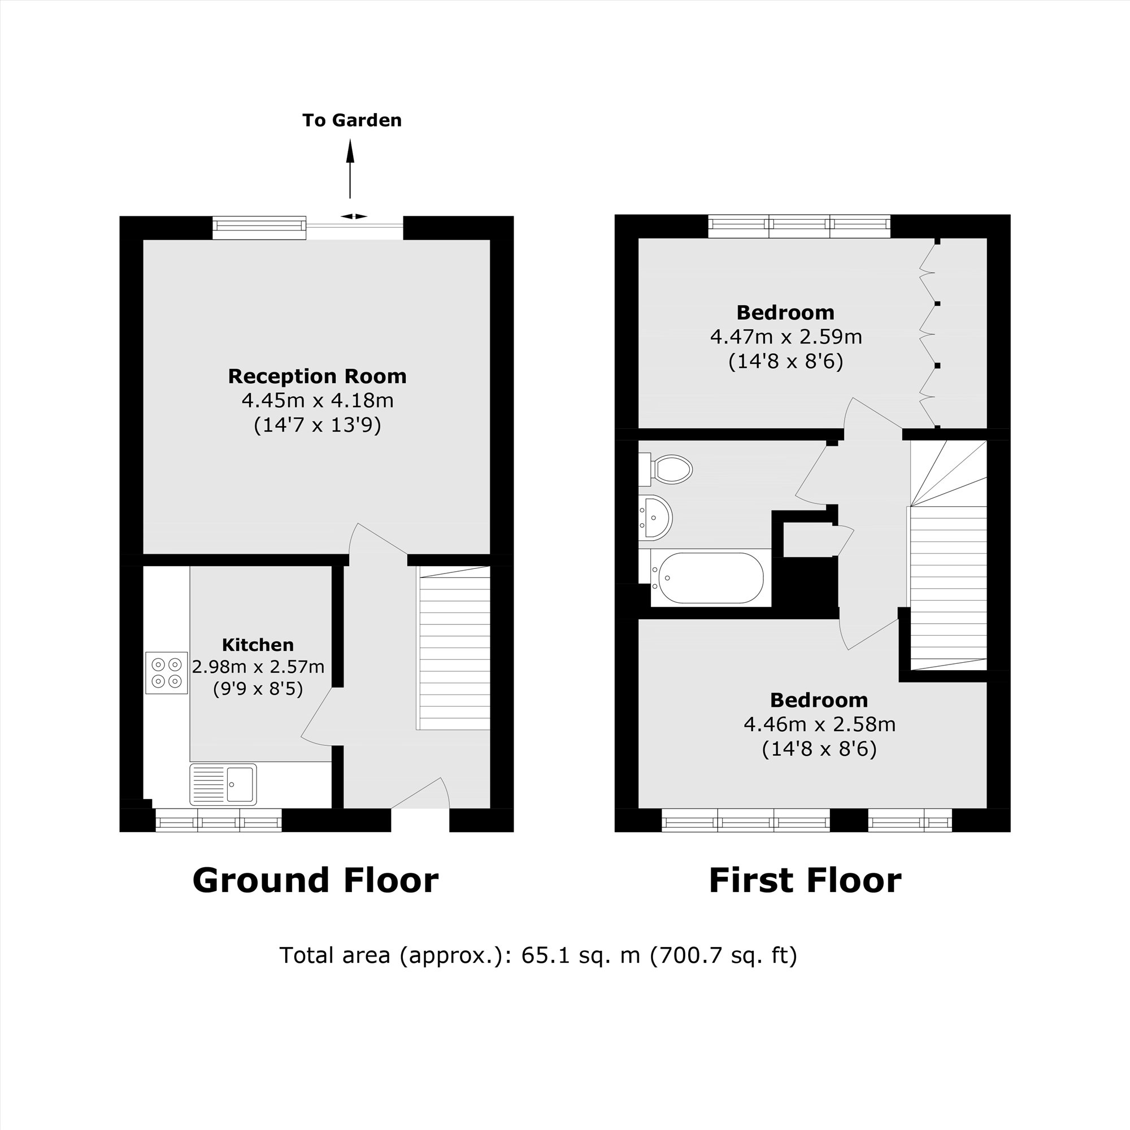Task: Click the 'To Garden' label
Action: (x=351, y=120)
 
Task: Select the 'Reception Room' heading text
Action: (x=317, y=376)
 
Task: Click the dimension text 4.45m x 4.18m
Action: (x=317, y=401)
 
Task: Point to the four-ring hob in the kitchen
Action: (x=166, y=672)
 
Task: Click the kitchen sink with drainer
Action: (x=223, y=784)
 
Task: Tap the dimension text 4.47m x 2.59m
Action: (x=785, y=337)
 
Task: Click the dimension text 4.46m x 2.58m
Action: (x=819, y=725)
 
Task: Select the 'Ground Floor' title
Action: (x=315, y=881)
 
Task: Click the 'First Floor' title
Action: (x=804, y=881)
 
